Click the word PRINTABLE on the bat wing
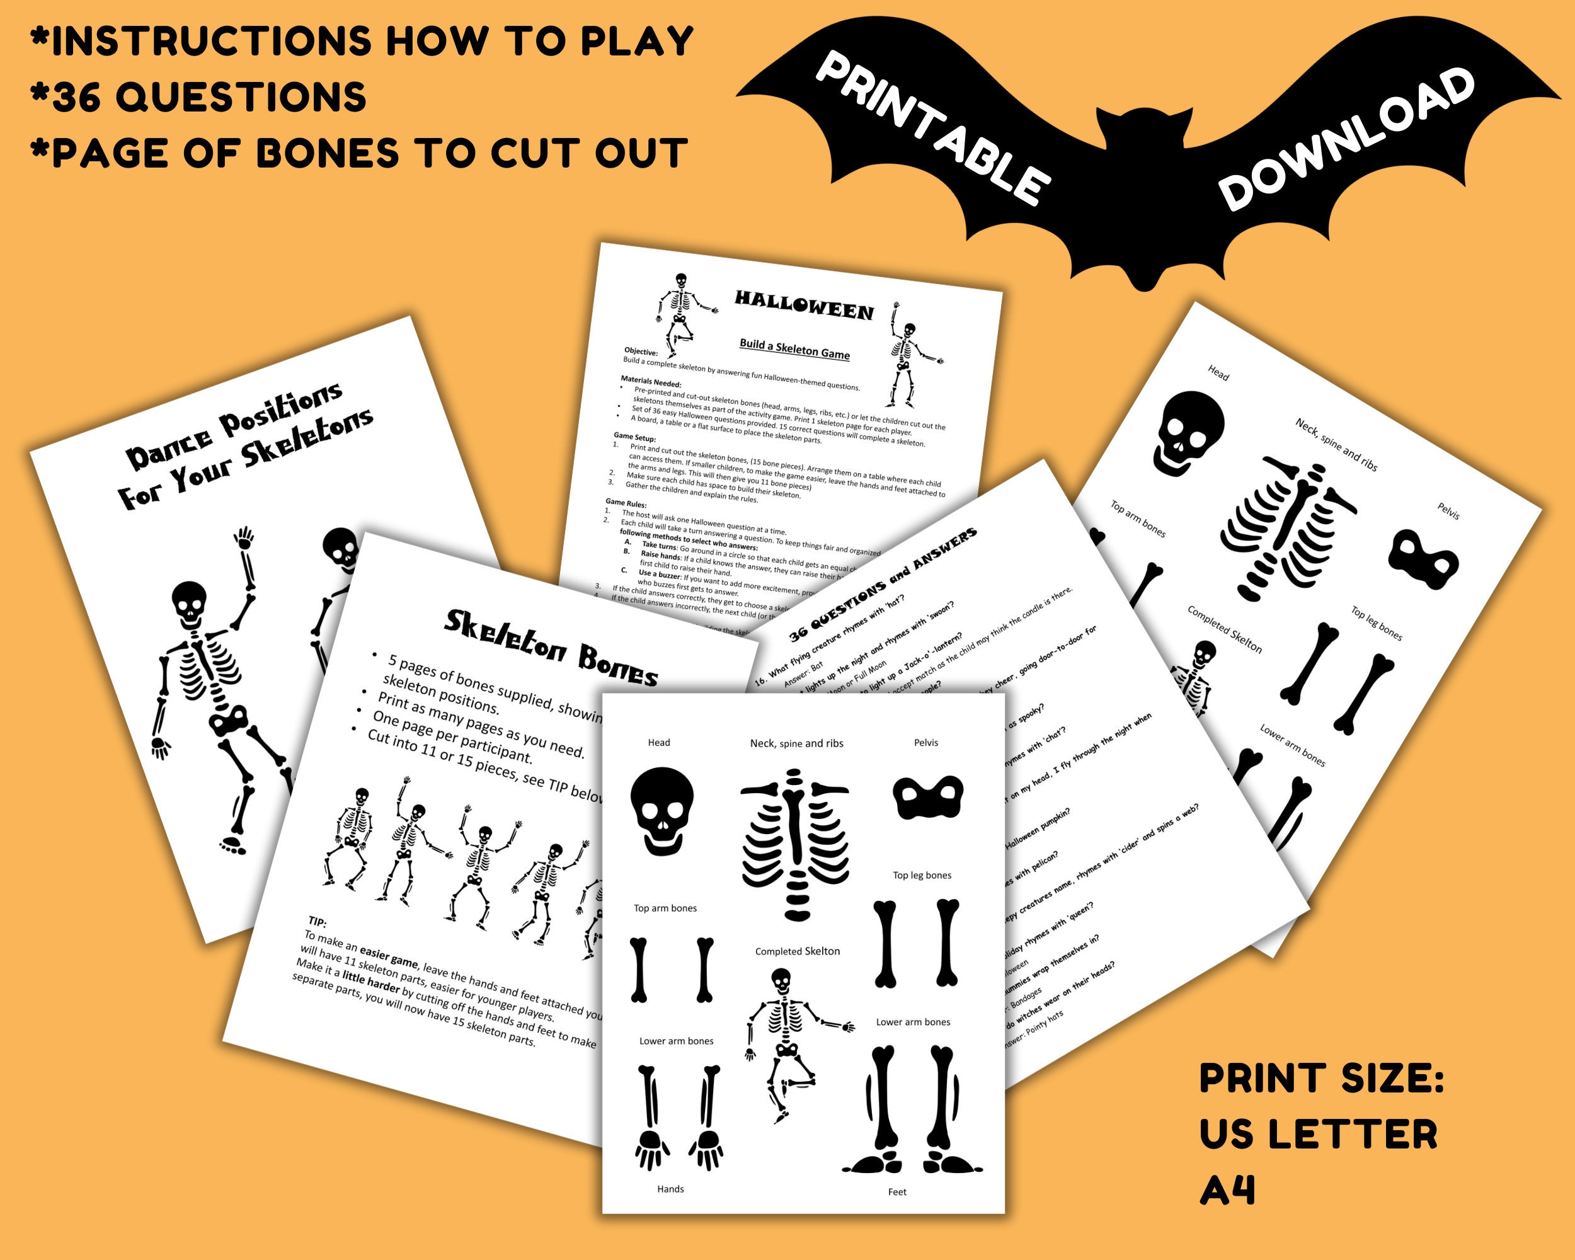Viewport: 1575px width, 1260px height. (931, 128)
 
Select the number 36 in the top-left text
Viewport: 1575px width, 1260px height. (76, 96)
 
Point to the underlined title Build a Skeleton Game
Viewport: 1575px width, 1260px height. (795, 348)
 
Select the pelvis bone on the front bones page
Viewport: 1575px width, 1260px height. (928, 797)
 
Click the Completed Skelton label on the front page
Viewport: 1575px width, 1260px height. (797, 951)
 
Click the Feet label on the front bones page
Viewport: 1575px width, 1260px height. (897, 1192)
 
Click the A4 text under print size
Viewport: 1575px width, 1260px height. (1227, 1191)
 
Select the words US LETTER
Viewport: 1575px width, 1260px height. (1318, 1135)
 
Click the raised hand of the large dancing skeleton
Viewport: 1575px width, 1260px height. (244, 539)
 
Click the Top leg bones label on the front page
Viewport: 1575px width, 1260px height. (922, 875)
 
